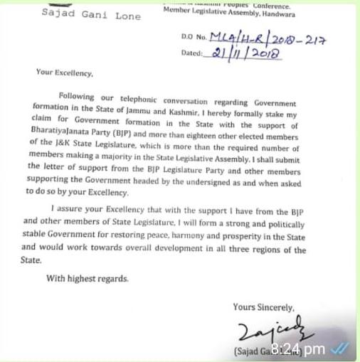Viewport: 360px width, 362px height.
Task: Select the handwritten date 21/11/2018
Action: pyautogui.click(x=239, y=53)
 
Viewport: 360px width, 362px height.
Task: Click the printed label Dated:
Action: pyautogui.click(x=192, y=53)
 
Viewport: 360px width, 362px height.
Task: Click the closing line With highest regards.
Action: pyautogui.click(x=88, y=279)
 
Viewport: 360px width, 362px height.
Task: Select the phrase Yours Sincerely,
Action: pyautogui.click(x=263, y=307)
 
